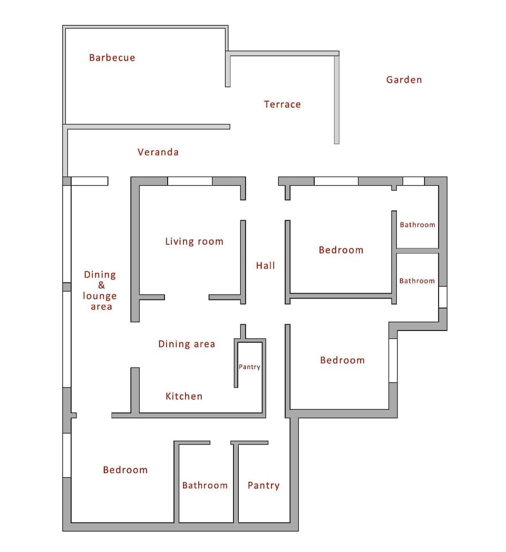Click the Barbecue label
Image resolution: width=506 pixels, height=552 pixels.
tap(112, 58)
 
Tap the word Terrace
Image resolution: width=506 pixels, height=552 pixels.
tap(282, 104)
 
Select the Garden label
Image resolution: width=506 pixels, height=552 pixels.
tap(404, 80)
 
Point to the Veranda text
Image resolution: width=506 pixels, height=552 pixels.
tap(158, 152)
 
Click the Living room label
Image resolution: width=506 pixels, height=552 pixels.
tap(194, 242)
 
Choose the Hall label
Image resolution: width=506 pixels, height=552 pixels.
tap(266, 266)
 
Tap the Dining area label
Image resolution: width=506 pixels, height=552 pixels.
tap(187, 344)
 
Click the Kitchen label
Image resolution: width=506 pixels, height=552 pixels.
tap(184, 396)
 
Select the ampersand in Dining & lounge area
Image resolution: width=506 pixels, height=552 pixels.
tap(101, 285)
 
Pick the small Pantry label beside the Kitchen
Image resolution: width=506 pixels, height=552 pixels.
tap(249, 367)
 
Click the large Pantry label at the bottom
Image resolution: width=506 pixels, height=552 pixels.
tap(264, 486)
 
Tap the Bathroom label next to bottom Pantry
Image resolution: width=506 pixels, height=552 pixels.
tap(205, 486)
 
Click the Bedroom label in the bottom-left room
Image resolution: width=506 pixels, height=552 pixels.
tap(125, 470)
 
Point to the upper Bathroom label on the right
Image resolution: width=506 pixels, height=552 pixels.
tap(417, 225)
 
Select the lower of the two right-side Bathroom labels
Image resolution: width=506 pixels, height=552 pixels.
tap(417, 281)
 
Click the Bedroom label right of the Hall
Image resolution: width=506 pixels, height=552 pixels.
tap(341, 250)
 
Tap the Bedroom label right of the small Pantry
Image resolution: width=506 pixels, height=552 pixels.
tap(342, 361)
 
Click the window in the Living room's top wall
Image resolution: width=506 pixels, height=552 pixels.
tap(190, 181)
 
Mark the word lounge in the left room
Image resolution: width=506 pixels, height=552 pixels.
tap(100, 296)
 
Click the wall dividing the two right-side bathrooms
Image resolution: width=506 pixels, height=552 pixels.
tap(417, 250)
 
